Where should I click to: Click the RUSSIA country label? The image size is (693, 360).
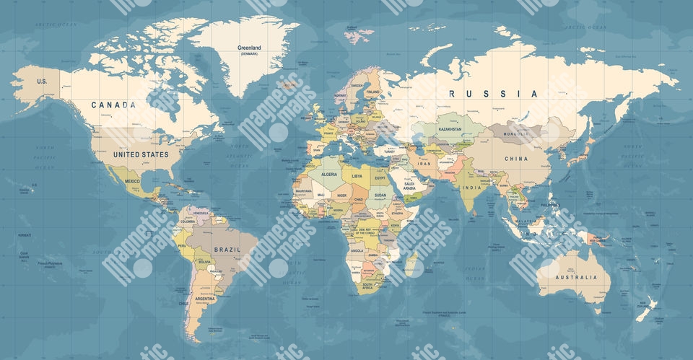click(493, 94)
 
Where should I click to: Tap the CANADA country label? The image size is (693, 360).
click(113, 105)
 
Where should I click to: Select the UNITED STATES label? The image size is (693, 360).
click(141, 154)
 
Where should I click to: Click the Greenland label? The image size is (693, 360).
click(249, 48)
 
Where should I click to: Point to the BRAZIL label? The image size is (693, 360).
click(227, 250)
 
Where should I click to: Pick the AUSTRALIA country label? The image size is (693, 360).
click(577, 277)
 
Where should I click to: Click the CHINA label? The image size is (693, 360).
click(516, 159)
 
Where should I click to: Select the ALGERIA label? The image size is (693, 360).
click(329, 175)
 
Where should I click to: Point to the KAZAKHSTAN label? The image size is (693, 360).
click(456, 128)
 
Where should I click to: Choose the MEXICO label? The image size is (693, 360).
click(132, 181)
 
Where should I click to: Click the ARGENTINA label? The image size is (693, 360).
click(204, 298)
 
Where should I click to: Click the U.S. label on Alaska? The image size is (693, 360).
click(42, 82)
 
